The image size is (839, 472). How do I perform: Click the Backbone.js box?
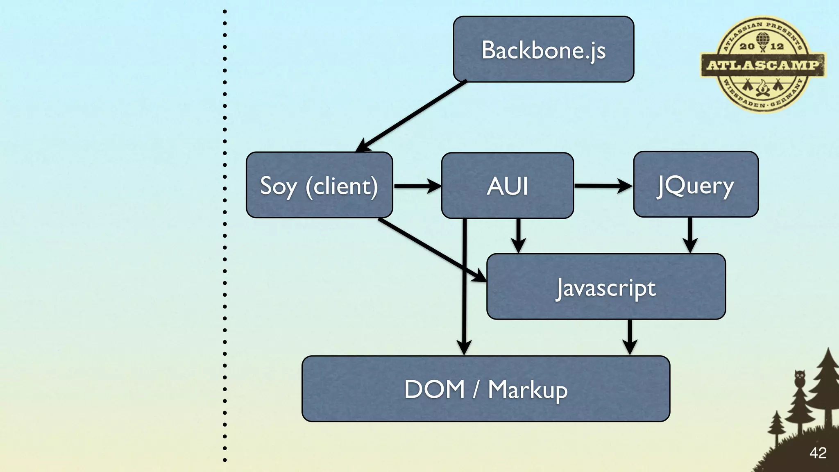pos(543,49)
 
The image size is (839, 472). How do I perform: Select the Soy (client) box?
pos(319,185)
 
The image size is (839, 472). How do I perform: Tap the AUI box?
pos(507,185)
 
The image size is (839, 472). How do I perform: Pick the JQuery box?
pos(696,184)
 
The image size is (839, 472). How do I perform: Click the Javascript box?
pos(605,286)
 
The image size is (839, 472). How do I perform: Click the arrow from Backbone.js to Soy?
pos(412,116)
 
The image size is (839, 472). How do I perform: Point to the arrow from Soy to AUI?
pos(416,186)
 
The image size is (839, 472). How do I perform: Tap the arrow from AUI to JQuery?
pos(602,186)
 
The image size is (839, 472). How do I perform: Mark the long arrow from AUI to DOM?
pos(464,287)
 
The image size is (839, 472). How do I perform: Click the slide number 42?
pos(818,453)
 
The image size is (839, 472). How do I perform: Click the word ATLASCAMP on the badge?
pos(763,65)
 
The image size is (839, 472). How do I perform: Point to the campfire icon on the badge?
pos(762,88)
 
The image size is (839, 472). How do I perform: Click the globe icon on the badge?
pos(762,39)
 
